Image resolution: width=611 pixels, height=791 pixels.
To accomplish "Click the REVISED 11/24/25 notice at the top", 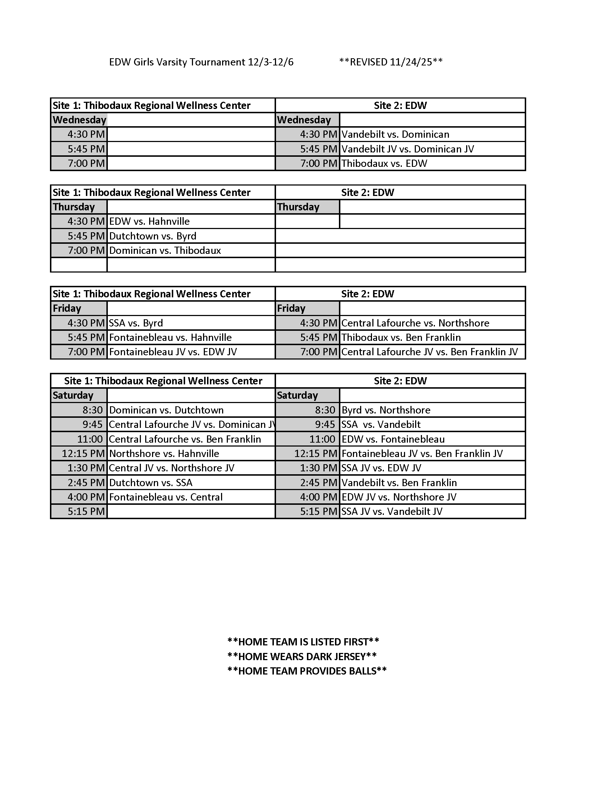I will [x=391, y=62].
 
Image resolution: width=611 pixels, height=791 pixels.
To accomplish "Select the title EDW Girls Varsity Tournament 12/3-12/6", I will [x=201, y=62].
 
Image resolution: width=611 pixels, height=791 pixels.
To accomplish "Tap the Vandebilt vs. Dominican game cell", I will [x=395, y=134].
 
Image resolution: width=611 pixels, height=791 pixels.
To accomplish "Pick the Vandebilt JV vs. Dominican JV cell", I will [x=408, y=149].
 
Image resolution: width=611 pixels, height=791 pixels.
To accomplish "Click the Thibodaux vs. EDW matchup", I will [x=384, y=163].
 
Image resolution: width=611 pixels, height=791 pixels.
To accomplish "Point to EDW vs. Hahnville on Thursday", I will [x=149, y=221].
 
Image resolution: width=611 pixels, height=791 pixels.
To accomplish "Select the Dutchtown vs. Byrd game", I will [x=153, y=236].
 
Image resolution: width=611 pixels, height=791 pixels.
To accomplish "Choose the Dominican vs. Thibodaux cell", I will [x=165, y=251].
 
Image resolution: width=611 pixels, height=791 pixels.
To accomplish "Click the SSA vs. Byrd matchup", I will [x=136, y=323].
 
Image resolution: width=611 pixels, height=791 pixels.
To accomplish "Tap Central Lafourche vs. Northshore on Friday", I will [x=415, y=323].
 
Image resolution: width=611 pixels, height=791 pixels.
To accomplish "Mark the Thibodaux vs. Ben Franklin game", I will [x=401, y=338].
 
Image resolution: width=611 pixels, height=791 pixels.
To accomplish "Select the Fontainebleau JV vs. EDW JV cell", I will [x=173, y=352].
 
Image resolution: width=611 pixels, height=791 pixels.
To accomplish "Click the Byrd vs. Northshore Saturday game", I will [x=386, y=410].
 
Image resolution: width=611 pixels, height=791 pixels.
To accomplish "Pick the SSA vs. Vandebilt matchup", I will [x=381, y=425].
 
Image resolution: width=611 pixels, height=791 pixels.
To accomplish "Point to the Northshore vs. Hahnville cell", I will [x=164, y=453].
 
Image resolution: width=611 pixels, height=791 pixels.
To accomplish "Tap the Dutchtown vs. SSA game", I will [x=151, y=483].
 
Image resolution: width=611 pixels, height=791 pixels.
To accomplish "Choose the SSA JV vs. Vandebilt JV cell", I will [x=392, y=511].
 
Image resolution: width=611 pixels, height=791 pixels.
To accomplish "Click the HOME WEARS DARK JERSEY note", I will [x=302, y=657].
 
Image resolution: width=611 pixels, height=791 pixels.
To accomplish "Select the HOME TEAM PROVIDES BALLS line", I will [x=307, y=671].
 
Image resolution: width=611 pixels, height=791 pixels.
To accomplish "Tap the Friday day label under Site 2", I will [x=291, y=308].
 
